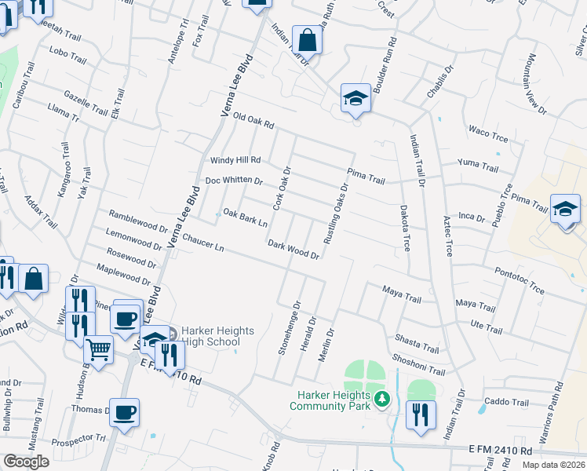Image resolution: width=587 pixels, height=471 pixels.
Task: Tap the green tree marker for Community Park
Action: coord(382,400)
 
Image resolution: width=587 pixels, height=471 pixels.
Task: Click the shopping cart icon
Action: coord(99,349)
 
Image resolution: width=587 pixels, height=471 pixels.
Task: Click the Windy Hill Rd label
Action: coord(235,160)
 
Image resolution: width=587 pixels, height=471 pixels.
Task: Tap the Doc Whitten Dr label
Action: coord(234,181)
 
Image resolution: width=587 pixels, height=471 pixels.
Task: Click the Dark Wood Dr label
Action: coord(293,250)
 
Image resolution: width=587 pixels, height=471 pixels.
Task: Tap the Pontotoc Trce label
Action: coord(520,279)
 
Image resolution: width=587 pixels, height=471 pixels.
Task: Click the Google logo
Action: coord(27,461)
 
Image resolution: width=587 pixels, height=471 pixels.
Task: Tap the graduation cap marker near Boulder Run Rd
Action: coord(355,99)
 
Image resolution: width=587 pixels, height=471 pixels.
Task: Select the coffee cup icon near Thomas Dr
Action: coord(125,412)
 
